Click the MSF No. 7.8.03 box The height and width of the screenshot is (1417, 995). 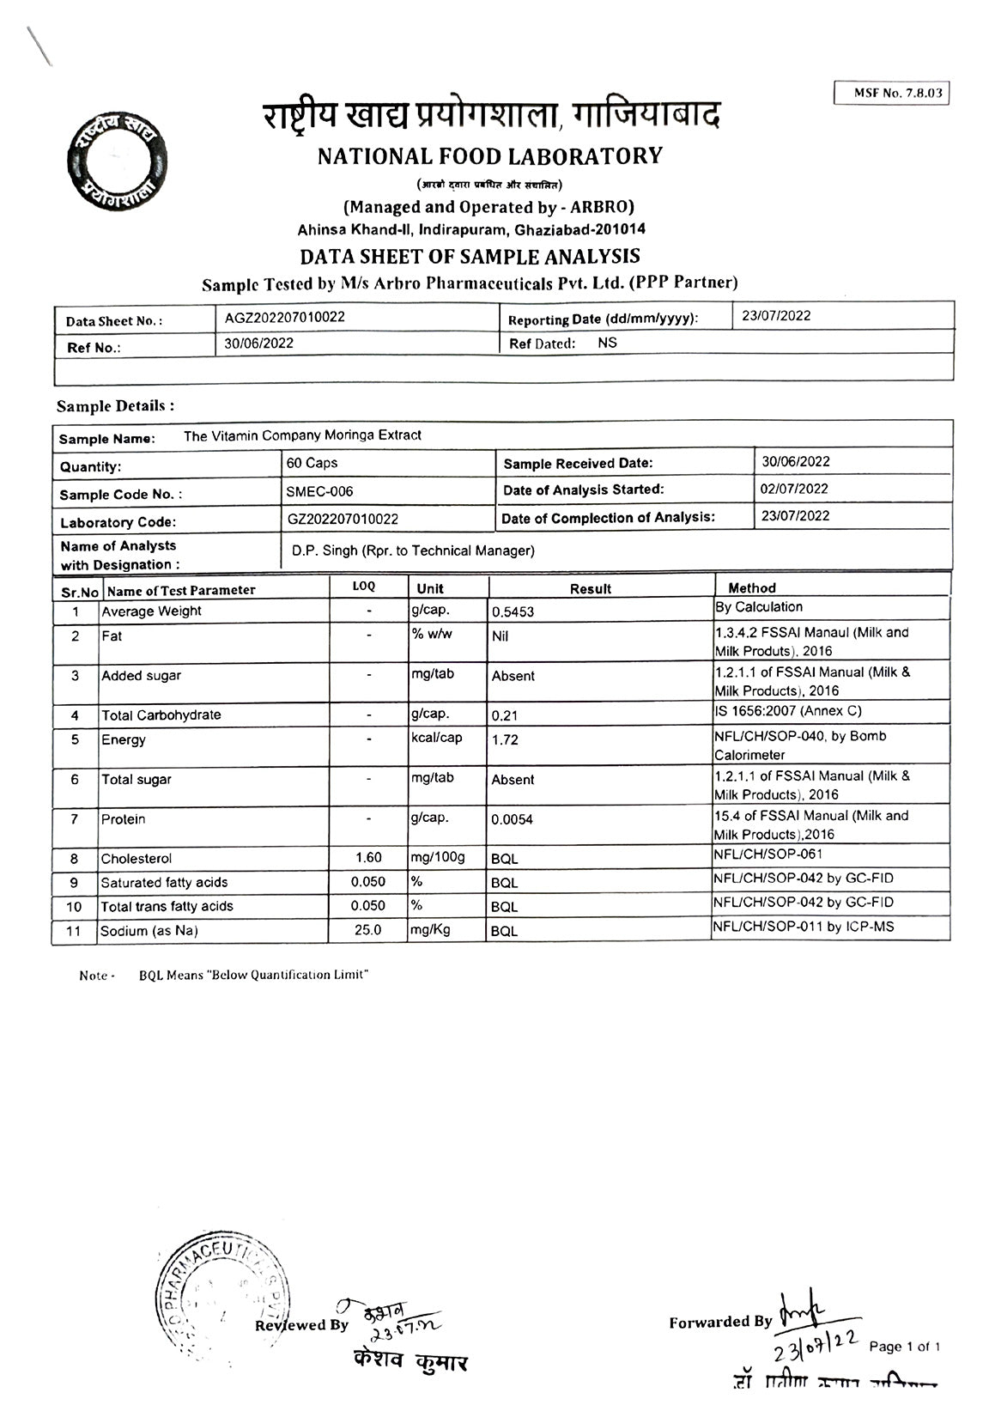891,93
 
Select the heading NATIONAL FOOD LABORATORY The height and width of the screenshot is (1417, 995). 490,156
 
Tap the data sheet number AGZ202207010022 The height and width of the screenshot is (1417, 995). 285,317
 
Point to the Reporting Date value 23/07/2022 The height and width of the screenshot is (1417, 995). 776,315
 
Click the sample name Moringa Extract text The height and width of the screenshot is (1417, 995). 302,435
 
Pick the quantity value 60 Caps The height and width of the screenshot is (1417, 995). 312,463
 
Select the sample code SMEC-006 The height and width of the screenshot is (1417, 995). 319,491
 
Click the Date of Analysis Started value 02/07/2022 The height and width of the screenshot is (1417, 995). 794,489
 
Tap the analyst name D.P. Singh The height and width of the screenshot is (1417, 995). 412,550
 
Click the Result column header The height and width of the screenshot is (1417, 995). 591,589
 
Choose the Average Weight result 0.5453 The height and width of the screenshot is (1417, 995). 513,612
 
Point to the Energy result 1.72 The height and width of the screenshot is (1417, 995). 505,740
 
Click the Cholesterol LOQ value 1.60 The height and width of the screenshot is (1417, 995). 368,857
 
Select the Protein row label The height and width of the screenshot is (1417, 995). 124,819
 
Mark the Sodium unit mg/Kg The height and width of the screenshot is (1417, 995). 430,929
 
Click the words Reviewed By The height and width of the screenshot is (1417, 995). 302,1325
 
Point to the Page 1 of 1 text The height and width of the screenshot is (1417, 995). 905,1346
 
